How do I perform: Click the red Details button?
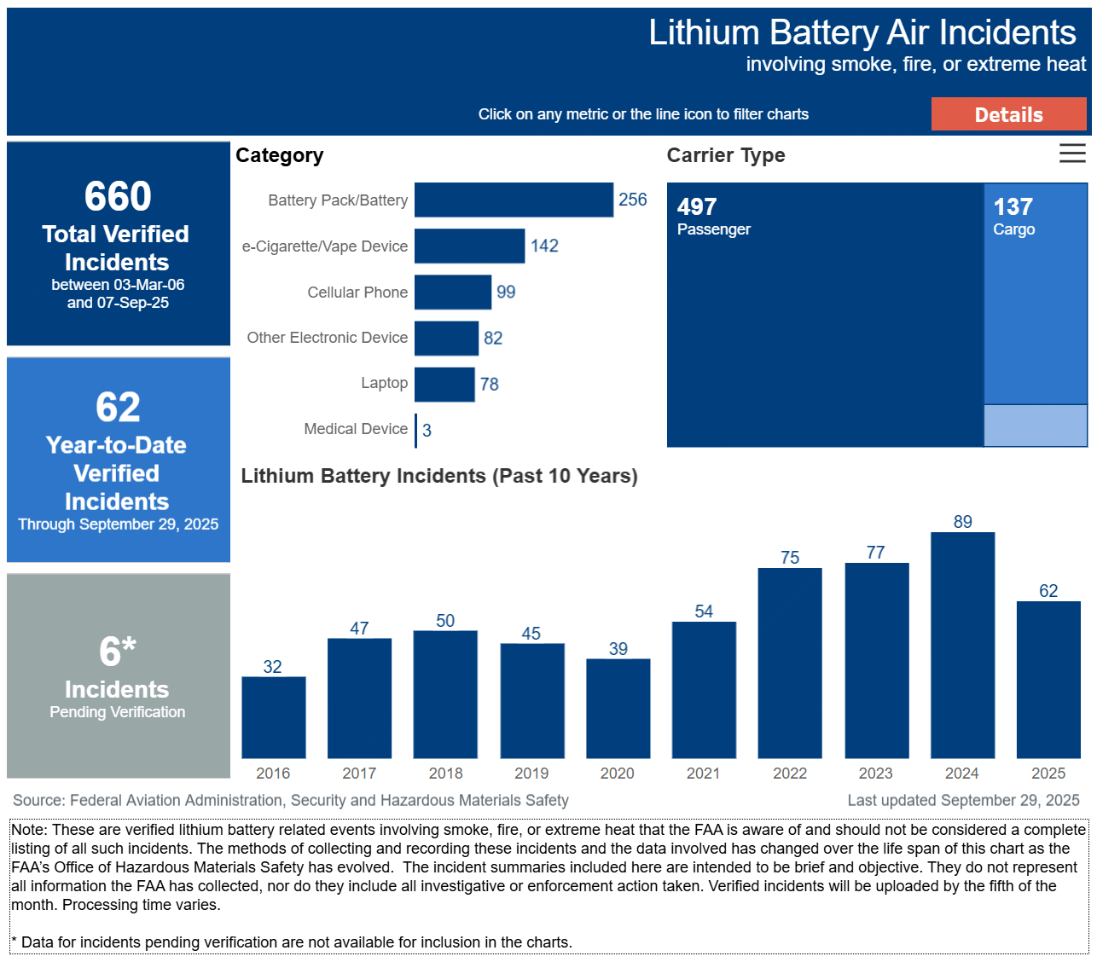pos(1008,114)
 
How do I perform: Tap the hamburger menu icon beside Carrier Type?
pos(1072,154)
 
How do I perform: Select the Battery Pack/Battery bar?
pos(514,200)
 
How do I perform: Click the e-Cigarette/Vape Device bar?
pos(469,246)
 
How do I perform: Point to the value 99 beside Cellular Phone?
pos(506,292)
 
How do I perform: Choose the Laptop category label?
pos(384,383)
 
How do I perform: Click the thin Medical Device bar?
pos(416,430)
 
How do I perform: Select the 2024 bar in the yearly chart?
pos(962,645)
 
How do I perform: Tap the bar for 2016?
pos(273,717)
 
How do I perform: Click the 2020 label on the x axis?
pos(617,774)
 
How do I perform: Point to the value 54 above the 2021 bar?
pos(704,611)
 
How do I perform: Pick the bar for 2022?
pos(790,663)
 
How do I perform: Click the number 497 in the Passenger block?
pos(697,206)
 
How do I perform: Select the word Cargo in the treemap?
pos(1013,229)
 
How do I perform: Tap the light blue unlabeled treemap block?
pos(1035,426)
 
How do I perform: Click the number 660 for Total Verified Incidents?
pos(118,196)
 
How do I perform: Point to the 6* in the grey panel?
pos(118,652)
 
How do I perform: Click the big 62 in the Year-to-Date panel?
pos(118,407)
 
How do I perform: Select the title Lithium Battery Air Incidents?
pos(862,32)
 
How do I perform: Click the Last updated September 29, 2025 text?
pos(963,800)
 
